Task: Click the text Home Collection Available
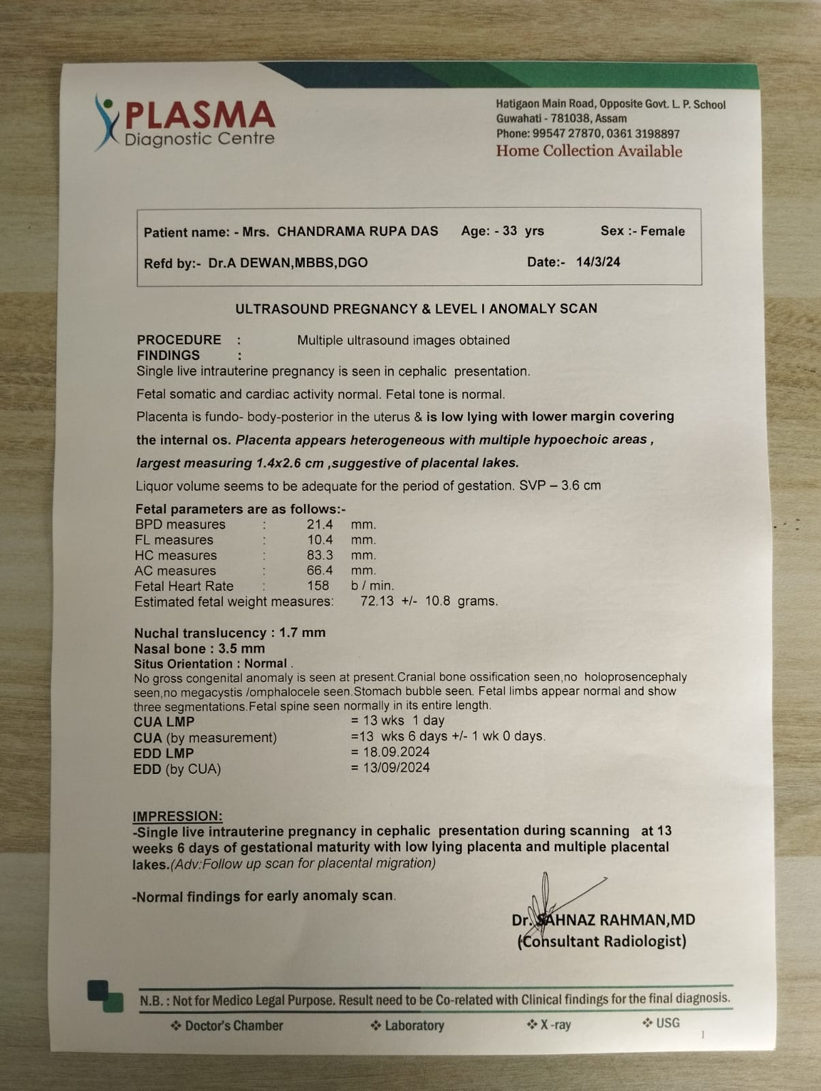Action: point(588,151)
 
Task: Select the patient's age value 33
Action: point(509,230)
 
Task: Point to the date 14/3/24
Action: point(598,262)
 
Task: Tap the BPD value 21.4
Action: point(319,524)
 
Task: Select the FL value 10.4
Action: point(319,540)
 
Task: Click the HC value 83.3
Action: point(319,555)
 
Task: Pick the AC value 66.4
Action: point(319,570)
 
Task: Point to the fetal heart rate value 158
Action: point(318,586)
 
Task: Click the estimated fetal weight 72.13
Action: point(376,601)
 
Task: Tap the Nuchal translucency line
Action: point(230,633)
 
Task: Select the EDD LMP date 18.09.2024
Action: point(395,752)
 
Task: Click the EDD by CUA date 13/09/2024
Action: point(395,768)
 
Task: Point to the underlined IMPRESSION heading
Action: point(177,816)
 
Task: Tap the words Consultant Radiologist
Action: point(602,942)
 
